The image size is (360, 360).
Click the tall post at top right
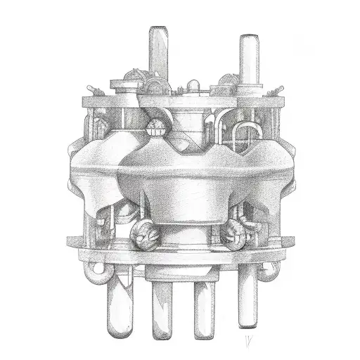click(x=248, y=53)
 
